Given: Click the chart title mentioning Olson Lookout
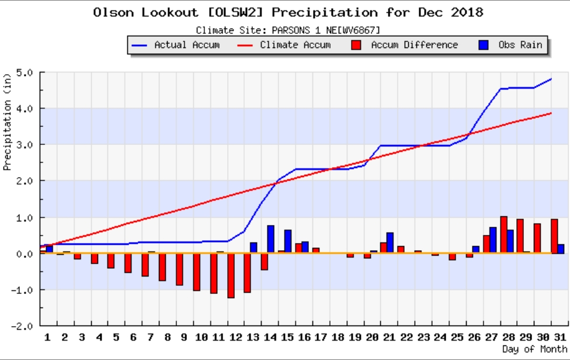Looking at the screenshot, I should tap(288, 12).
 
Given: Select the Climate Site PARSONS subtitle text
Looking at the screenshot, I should tap(288, 30).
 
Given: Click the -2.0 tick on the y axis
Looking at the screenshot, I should tap(23, 326).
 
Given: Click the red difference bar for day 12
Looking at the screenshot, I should tap(231, 275).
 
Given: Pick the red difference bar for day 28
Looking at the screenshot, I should tap(503, 235).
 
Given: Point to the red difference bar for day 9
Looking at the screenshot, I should tap(179, 269).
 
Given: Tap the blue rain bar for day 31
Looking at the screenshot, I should tap(561, 248).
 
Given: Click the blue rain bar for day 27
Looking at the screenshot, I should tap(493, 240).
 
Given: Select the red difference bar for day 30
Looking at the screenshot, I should tap(537, 238).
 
